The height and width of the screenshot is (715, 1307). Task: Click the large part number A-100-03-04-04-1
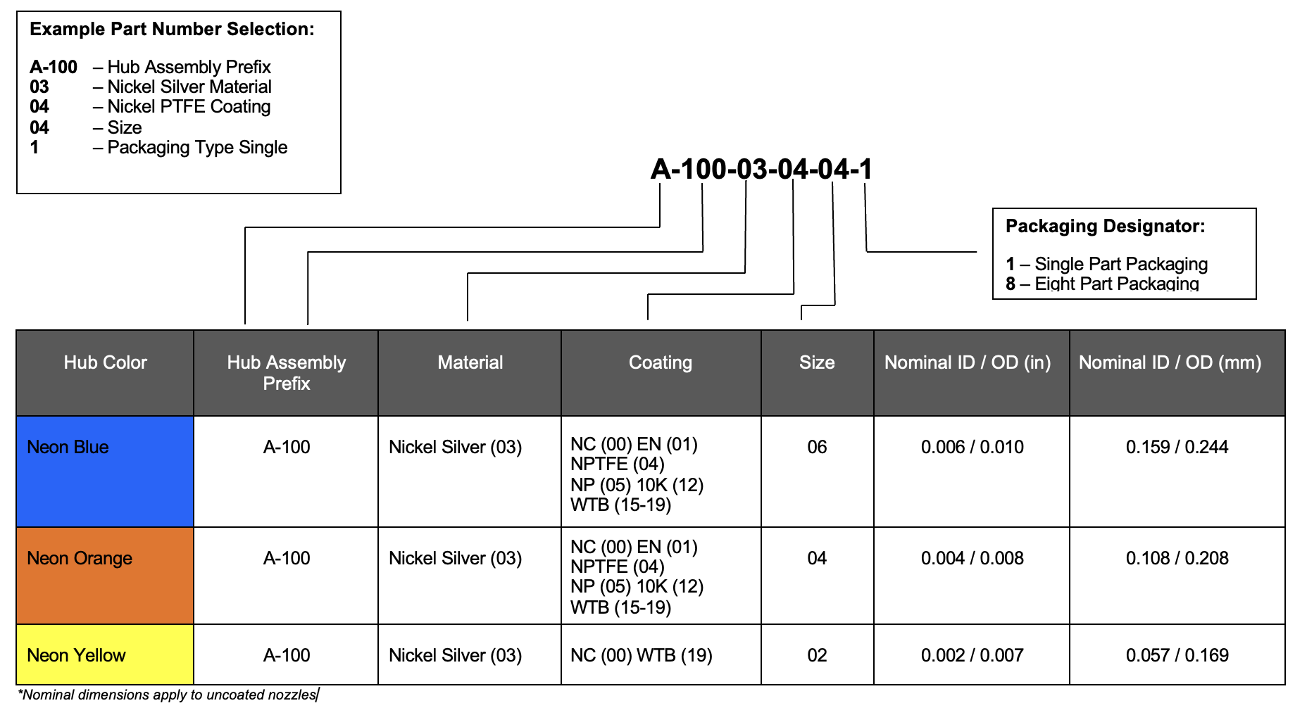point(762,169)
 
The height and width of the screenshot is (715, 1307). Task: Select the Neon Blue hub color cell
point(105,471)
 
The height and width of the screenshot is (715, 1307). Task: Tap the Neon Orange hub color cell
point(105,576)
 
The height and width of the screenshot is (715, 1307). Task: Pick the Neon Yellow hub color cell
point(105,654)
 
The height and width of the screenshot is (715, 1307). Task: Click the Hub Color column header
point(105,362)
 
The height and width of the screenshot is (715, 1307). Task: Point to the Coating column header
point(661,362)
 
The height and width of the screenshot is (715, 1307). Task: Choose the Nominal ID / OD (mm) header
point(1170,362)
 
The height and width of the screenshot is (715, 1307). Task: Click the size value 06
point(817,447)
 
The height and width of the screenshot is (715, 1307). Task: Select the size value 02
point(817,655)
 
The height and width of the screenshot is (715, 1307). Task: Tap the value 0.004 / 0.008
point(973,558)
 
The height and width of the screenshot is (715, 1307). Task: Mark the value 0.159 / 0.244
point(1177,447)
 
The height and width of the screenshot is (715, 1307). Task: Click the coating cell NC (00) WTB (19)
point(642,655)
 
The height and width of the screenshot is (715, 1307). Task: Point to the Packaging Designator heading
point(1106,226)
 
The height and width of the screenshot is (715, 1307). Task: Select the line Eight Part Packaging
point(1103,284)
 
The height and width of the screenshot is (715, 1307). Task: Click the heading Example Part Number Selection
point(173,29)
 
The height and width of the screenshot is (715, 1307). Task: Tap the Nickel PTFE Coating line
point(150,106)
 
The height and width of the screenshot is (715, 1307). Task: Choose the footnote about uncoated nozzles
point(168,695)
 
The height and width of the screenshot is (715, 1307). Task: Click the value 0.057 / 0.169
point(1177,655)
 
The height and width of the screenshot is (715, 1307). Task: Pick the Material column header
point(470,362)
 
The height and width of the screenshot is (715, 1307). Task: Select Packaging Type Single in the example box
point(158,147)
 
